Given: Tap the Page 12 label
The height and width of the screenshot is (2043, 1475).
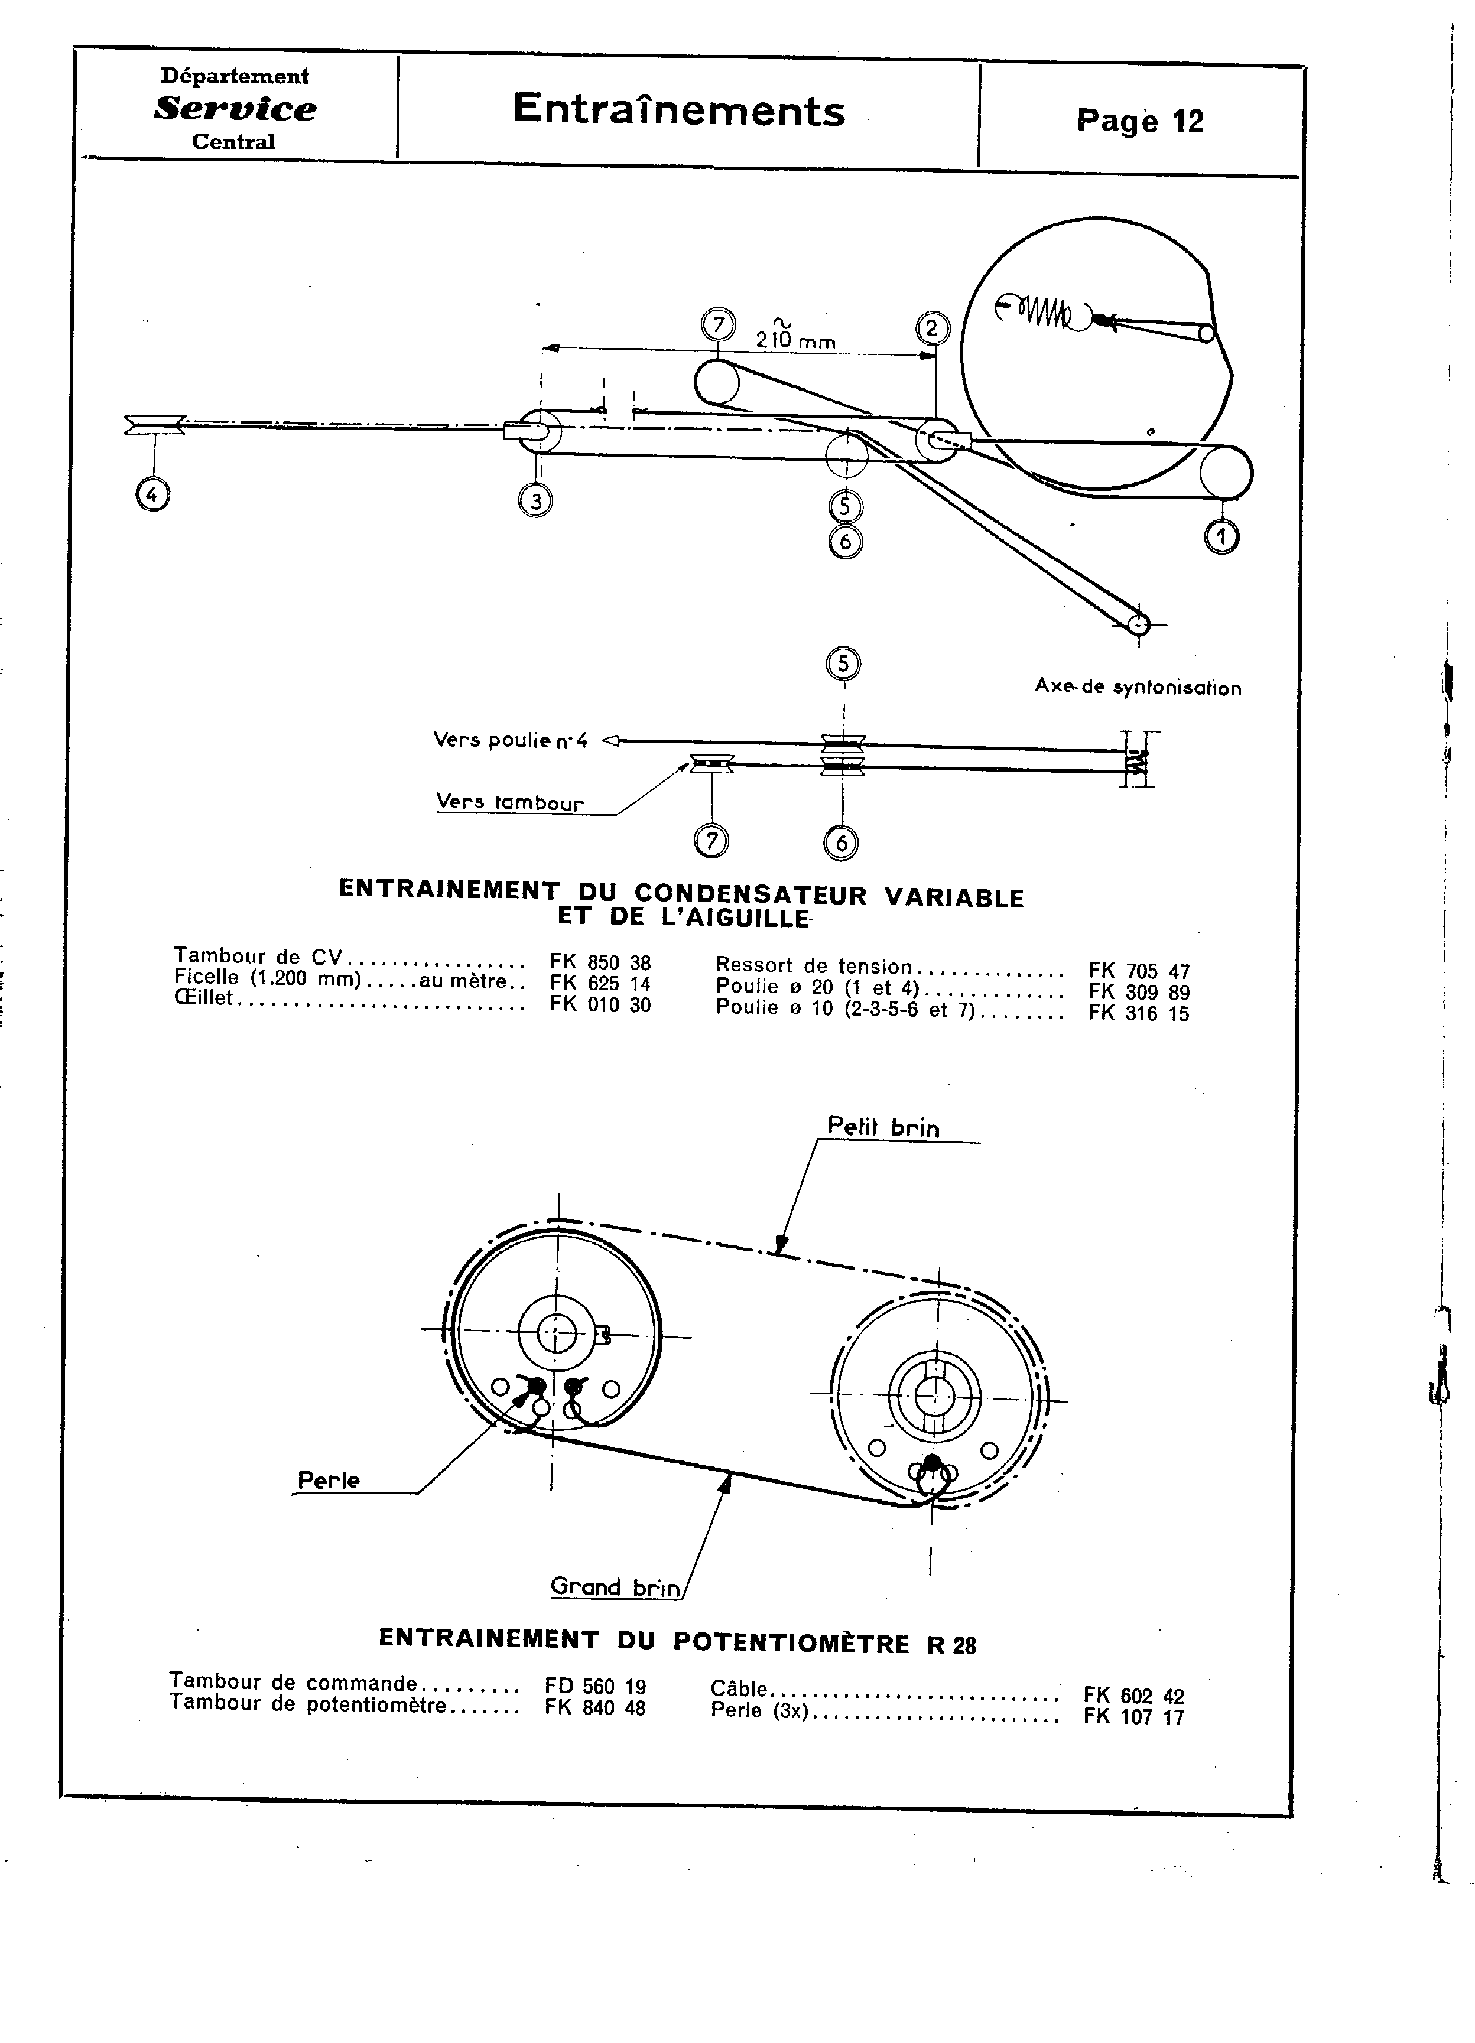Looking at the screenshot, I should click(1140, 121).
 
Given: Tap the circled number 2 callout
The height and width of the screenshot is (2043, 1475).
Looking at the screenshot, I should click(932, 328).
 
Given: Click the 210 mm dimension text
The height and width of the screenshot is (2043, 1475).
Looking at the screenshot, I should click(795, 340).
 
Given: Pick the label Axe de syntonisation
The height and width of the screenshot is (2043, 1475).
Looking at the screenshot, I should click(1137, 687).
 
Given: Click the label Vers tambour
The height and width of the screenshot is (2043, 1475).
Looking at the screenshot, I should click(510, 802).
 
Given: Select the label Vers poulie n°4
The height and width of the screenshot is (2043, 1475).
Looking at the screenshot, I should click(510, 740).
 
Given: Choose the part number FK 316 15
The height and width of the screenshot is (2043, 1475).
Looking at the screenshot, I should click(1139, 1013).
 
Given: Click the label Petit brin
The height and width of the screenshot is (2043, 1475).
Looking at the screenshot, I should click(883, 1128).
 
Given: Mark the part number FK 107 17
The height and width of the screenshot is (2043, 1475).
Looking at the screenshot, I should click(1133, 1717).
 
